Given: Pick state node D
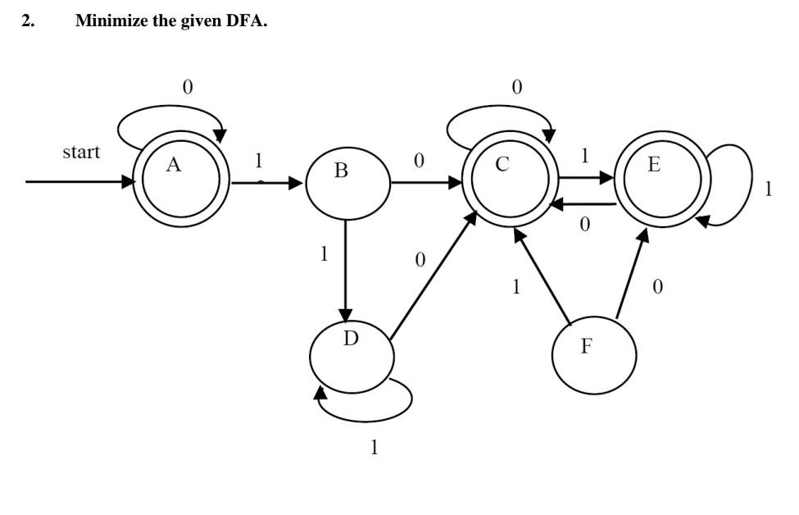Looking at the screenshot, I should point(352,353).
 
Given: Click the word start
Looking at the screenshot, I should point(81,152).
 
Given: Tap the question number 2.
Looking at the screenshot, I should point(28,21).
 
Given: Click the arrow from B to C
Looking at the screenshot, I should point(426,182).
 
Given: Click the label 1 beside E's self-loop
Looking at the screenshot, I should point(768,189).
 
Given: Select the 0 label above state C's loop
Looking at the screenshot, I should point(515,86).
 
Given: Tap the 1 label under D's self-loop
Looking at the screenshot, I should point(375,447).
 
